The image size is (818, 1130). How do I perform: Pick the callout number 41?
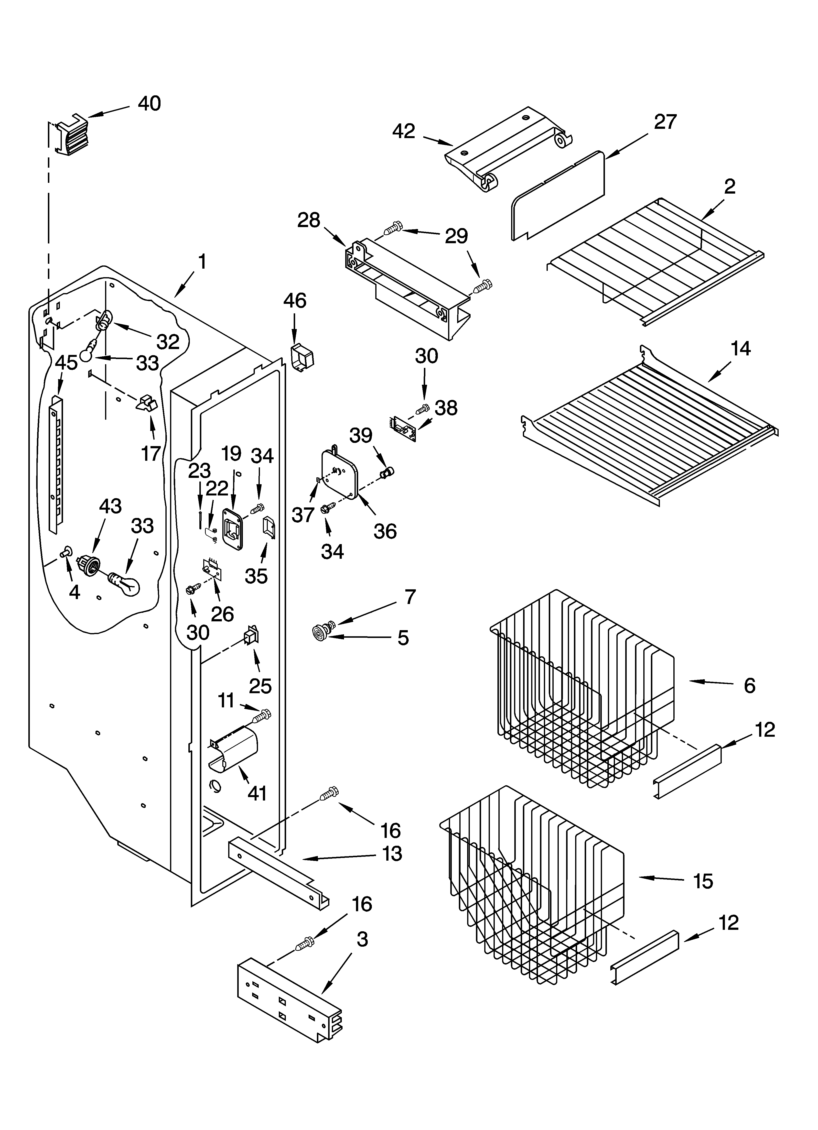coord(257,793)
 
